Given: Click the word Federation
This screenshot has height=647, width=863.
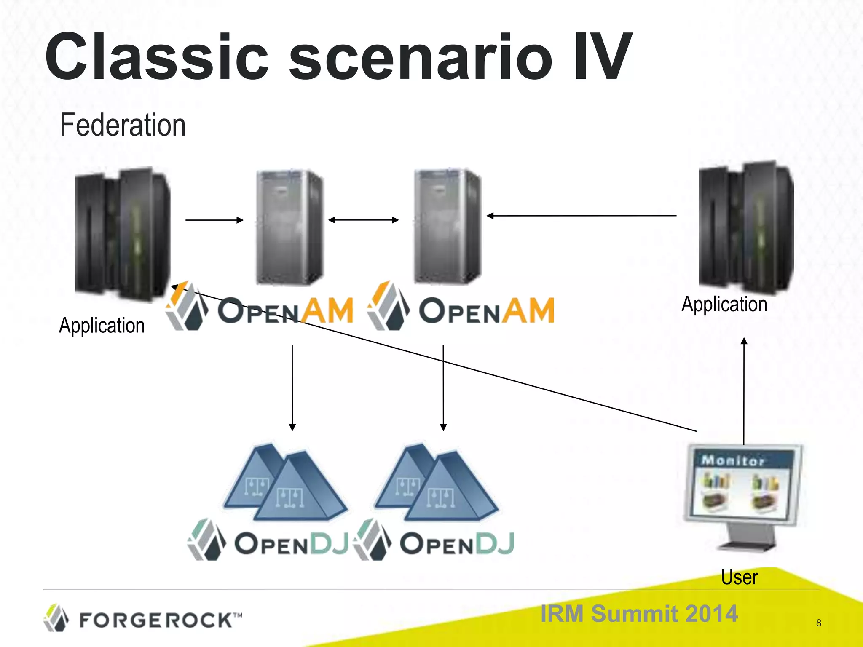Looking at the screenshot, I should pyautogui.click(x=123, y=125).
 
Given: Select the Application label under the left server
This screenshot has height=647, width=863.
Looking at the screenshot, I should pyautogui.click(x=102, y=326).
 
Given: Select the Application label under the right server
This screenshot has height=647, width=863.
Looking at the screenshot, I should pyautogui.click(x=724, y=304).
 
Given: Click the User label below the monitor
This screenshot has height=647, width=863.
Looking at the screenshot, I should pyautogui.click(x=739, y=577).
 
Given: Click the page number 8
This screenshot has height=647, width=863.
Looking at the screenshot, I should pyautogui.click(x=818, y=623).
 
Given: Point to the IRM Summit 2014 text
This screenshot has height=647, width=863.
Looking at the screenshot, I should pyautogui.click(x=639, y=613).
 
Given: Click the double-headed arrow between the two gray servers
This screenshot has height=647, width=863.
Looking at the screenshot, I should pyautogui.click(x=363, y=220).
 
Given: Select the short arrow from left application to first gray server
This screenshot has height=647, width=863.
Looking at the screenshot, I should pyautogui.click(x=214, y=220).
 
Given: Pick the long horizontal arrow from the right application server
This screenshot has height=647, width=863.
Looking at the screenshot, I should pyautogui.click(x=582, y=216).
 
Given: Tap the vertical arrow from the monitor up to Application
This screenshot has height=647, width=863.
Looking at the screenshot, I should pyautogui.click(x=744, y=392).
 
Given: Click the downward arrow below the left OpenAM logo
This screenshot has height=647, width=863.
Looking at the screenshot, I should pyautogui.click(x=292, y=388).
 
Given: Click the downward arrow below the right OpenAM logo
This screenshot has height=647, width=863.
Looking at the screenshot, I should pyautogui.click(x=443, y=388).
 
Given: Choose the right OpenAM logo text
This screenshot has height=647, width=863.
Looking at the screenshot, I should pyautogui.click(x=486, y=311).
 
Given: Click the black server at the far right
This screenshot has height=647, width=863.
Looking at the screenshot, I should pyautogui.click(x=746, y=227).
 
